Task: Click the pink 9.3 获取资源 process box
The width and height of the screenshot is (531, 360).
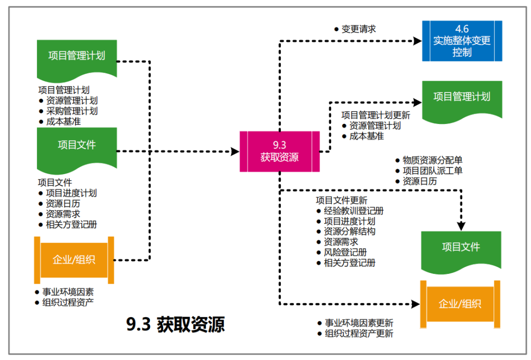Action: tap(279, 151)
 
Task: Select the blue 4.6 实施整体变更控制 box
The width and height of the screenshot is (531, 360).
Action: tap(462, 41)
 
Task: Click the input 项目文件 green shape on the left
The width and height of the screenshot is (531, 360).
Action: tap(77, 146)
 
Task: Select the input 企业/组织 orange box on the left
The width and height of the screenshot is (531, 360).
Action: tap(74, 260)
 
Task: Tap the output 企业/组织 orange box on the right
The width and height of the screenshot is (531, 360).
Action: tap(460, 303)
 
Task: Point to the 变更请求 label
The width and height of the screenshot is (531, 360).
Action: tap(359, 29)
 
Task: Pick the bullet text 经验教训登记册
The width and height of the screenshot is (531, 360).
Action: tap(354, 211)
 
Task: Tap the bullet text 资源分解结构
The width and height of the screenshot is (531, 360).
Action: tap(350, 231)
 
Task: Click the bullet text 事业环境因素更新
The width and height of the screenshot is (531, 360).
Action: tap(359, 323)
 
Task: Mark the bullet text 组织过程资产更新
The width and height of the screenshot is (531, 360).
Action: tap(359, 333)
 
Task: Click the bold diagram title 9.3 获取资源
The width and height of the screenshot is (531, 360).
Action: tap(176, 325)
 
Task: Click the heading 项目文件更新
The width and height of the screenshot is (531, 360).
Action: tap(341, 200)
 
